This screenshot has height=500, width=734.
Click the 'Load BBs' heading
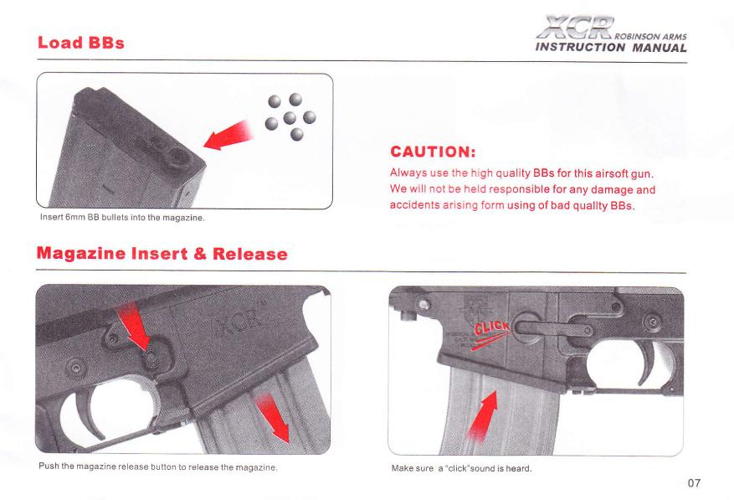(x=80, y=43)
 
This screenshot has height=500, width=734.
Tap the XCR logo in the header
(x=575, y=28)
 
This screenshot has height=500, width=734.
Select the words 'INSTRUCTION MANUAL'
(x=611, y=48)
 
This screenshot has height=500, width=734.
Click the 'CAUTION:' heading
(x=433, y=152)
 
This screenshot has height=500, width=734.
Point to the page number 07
(x=694, y=482)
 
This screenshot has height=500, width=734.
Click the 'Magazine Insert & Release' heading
(x=162, y=254)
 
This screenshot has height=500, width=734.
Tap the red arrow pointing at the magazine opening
(x=228, y=136)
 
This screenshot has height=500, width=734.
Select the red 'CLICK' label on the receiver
(x=491, y=328)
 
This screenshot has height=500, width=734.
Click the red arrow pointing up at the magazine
(x=483, y=415)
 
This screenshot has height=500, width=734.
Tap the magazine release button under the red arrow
(x=151, y=358)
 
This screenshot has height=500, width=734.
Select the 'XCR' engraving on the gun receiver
(x=239, y=323)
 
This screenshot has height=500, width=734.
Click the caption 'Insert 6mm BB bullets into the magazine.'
(x=122, y=218)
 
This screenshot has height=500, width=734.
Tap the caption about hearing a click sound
(x=461, y=468)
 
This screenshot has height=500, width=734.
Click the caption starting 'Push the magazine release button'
(x=158, y=466)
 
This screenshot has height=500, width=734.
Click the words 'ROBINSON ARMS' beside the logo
(x=650, y=37)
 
